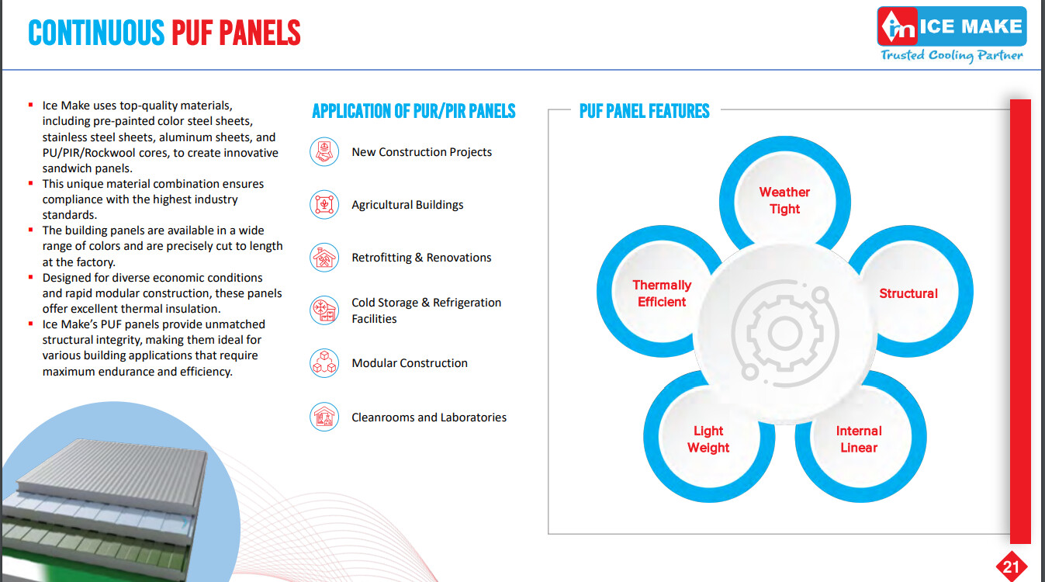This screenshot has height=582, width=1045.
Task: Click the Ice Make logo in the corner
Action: click(951, 26)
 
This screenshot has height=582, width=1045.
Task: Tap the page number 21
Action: click(1011, 566)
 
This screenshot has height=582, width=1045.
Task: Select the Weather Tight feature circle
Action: click(784, 201)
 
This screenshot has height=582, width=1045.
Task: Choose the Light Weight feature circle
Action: click(708, 438)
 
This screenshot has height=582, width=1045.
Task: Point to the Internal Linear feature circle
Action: click(860, 438)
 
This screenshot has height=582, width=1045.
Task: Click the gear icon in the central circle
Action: click(784, 334)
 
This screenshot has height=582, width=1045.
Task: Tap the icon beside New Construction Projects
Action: click(324, 151)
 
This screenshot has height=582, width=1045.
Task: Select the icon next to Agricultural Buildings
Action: click(324, 204)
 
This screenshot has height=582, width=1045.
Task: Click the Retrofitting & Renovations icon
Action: click(324, 257)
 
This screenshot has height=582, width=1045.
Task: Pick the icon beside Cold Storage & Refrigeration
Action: click(324, 310)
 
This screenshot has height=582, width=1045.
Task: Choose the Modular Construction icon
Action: click(324, 362)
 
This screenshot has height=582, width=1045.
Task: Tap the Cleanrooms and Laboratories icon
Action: click(324, 417)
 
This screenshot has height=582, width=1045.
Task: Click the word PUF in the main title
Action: click(192, 33)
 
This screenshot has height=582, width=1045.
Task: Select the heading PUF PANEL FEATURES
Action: click(644, 111)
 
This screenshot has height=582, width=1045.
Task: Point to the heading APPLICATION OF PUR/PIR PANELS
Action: click(414, 111)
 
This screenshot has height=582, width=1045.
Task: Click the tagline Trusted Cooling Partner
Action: click(951, 56)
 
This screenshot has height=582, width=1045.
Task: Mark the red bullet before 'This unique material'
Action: click(31, 183)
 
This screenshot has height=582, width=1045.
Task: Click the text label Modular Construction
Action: click(410, 362)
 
